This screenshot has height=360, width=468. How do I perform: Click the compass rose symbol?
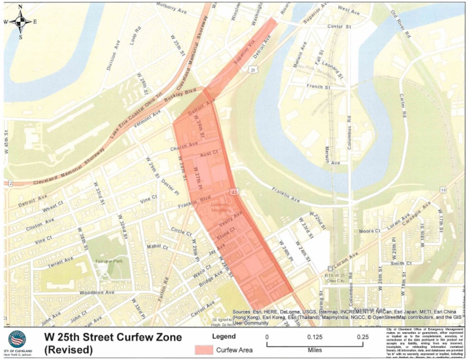[x=20, y=21]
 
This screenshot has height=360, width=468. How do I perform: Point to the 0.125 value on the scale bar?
[x=315, y=337]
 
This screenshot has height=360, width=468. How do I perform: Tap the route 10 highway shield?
[x=443, y=190]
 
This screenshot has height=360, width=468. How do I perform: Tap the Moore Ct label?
[x=370, y=231]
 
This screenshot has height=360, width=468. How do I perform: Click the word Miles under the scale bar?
[x=315, y=350]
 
